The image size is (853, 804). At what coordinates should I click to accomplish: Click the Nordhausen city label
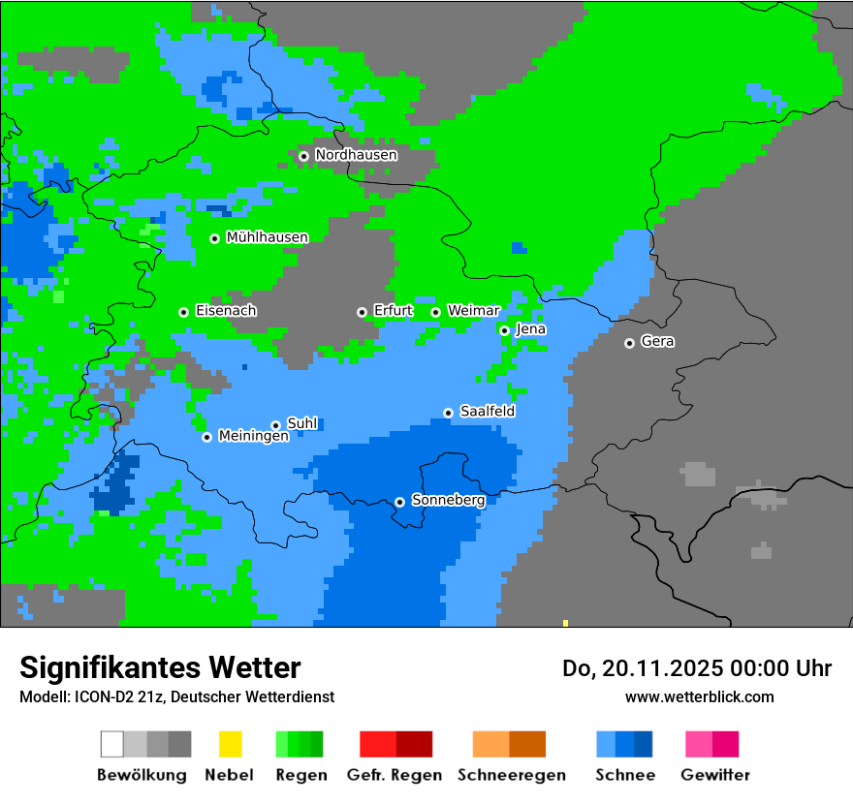tap(356, 155)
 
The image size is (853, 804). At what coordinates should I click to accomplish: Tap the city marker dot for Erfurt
tap(362, 312)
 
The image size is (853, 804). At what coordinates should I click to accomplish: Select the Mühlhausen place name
tap(267, 237)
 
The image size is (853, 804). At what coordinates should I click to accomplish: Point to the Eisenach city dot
tap(183, 312)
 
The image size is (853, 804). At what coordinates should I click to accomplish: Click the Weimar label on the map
tap(473, 311)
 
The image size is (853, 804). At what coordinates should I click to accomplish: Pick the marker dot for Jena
tap(504, 331)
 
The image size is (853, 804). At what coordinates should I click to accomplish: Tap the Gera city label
tap(657, 342)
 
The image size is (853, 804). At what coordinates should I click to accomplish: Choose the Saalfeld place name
tap(487, 412)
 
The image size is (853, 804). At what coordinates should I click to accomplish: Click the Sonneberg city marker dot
tap(399, 502)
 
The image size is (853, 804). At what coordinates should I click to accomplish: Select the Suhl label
tap(302, 423)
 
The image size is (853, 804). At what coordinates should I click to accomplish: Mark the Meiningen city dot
tap(206, 437)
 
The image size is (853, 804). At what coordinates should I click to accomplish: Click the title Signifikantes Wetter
tap(160, 667)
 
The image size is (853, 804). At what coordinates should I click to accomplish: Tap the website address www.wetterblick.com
tap(699, 696)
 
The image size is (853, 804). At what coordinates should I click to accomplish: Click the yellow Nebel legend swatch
tap(230, 744)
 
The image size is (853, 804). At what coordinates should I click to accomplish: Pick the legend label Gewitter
tap(714, 775)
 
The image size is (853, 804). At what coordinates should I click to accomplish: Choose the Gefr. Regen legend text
tap(394, 775)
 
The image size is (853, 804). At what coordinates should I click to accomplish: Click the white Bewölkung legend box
tap(112, 744)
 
